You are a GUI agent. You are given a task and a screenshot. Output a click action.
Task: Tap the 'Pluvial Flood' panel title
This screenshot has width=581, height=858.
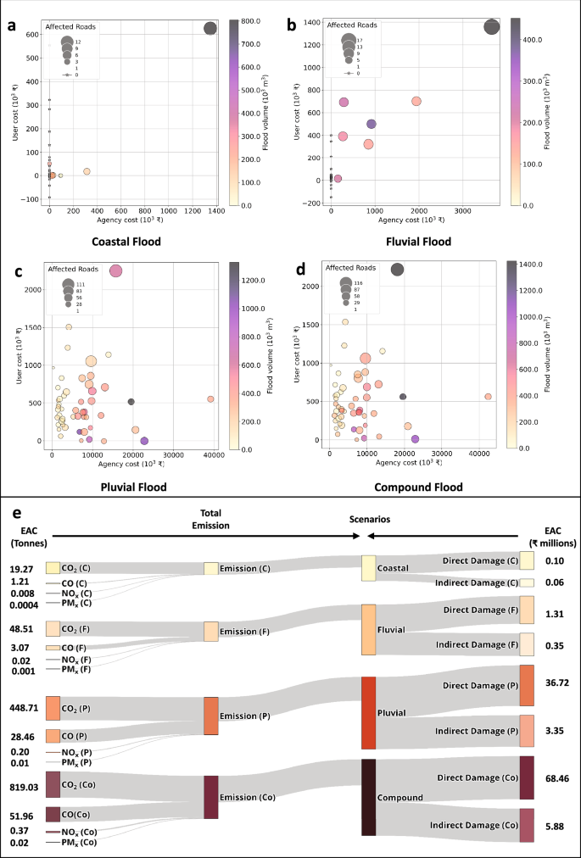[x=131, y=487]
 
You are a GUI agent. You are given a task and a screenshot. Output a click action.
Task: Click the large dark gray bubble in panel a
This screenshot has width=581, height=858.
[x=210, y=29]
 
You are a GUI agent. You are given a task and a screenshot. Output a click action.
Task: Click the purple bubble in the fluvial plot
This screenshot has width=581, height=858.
[x=371, y=124]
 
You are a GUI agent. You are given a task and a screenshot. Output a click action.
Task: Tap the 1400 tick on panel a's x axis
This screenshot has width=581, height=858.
[x=215, y=209]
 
